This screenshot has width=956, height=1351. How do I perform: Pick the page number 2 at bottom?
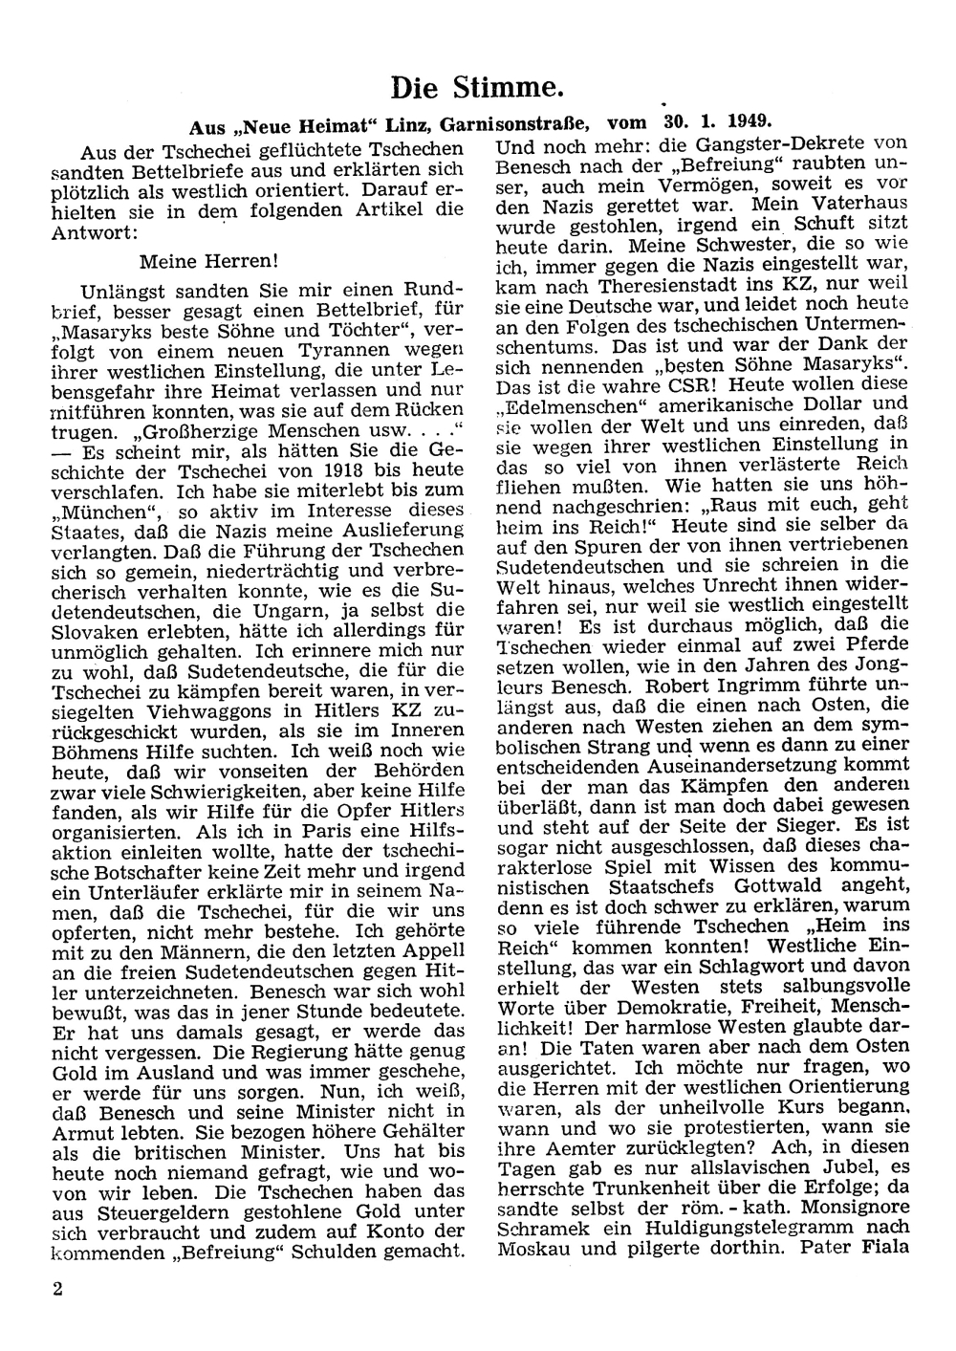point(59,1288)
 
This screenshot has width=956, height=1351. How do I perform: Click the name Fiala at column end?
point(876,1248)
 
